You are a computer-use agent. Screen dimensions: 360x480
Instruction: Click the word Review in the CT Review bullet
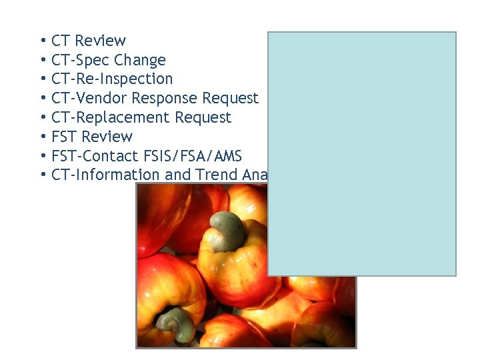coord(100,41)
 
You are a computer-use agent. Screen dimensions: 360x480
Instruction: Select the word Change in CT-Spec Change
coord(139,60)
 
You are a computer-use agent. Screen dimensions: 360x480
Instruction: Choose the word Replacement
coord(121,118)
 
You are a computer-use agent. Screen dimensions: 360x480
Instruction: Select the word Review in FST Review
coord(107,137)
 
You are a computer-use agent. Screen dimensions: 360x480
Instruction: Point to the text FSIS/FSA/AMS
coord(192,156)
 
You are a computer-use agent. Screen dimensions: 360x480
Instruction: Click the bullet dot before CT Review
coord(42,41)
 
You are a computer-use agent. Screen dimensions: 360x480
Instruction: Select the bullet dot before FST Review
coord(42,137)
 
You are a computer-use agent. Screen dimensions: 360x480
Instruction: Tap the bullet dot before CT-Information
coord(42,175)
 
